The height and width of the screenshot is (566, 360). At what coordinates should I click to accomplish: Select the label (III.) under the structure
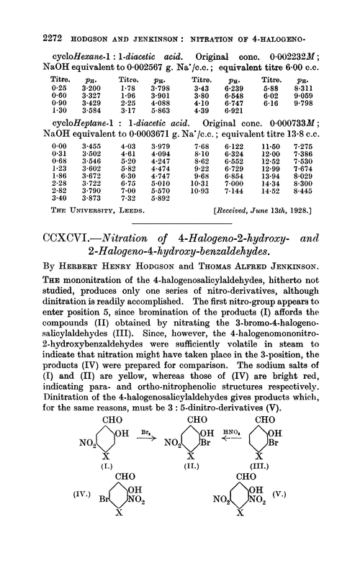[x=269, y=456]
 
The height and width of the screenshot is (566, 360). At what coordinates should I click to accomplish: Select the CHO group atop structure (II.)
[x=171, y=400]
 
